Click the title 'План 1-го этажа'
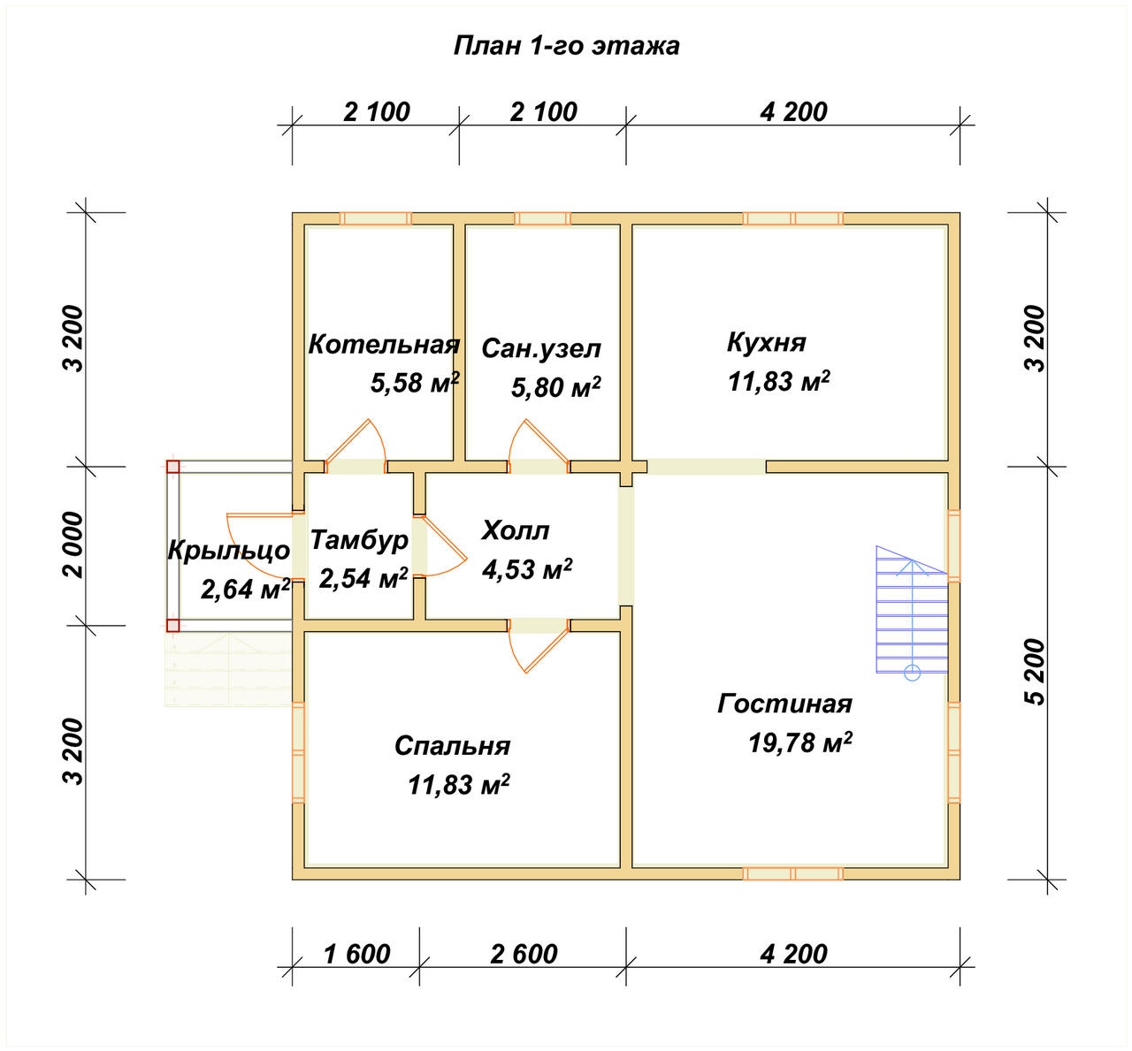point(566,46)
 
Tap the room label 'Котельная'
point(384,345)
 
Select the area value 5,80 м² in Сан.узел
point(555,387)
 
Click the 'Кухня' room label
point(766,343)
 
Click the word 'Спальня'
point(452,745)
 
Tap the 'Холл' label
point(516,530)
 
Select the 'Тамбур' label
point(359,540)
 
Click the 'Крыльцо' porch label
point(229,551)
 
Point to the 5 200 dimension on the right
point(1036,673)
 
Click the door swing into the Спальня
point(539,650)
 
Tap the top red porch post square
point(172,467)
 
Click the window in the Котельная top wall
point(376,219)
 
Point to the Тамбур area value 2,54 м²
point(363,578)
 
